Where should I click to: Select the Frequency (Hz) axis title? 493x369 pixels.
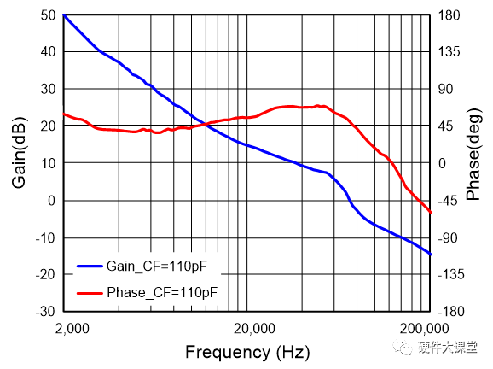247,352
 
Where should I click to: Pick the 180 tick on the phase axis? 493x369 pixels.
449,15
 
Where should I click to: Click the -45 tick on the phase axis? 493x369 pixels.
449,201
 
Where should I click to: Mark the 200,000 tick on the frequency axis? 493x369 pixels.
424,329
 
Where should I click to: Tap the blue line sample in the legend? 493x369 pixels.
90,266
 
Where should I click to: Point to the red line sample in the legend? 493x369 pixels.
90,292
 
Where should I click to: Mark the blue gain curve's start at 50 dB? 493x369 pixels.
65,15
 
